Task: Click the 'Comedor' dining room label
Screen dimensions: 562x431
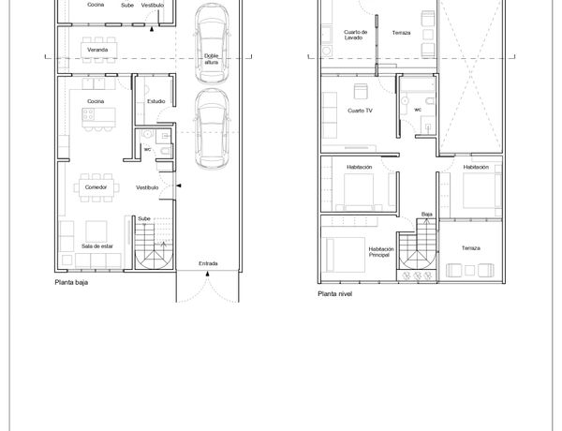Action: tap(96, 187)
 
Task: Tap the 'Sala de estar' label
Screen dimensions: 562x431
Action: tap(97, 246)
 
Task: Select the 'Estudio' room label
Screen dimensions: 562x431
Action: tap(155, 101)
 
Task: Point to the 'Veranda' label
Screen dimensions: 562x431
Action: tap(97, 50)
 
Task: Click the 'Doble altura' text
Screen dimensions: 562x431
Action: tap(211, 59)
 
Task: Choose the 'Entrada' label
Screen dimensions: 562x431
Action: tap(208, 263)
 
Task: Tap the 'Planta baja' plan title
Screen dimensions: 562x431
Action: tap(71, 283)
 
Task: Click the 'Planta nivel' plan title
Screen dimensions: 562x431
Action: tap(334, 294)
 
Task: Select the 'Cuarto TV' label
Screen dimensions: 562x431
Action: tap(360, 111)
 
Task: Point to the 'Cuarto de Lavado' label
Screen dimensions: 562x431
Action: tap(355, 35)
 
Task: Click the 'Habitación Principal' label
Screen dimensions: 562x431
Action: tap(381, 252)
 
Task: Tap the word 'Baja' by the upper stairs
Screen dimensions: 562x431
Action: tap(426, 215)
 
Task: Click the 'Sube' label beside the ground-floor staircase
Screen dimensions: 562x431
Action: tap(144, 218)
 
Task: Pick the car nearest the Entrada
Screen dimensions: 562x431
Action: tap(212, 128)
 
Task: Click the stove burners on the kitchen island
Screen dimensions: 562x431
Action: tap(88, 114)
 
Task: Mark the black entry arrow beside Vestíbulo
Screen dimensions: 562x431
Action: tap(179, 186)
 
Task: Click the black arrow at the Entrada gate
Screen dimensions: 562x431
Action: tap(208, 274)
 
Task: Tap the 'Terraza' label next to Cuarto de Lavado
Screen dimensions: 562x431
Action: tap(401, 33)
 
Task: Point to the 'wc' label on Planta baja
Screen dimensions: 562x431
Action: tap(147, 150)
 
